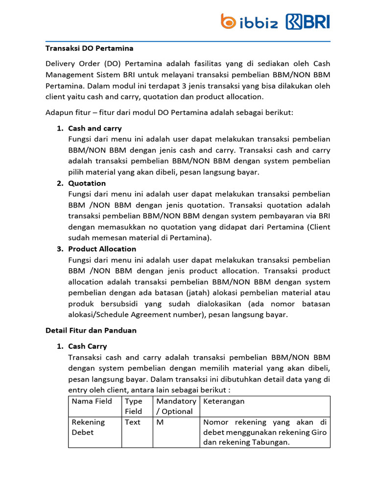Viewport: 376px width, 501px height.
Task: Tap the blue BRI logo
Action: pyautogui.click(x=308, y=22)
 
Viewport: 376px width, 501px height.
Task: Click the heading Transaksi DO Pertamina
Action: pyautogui.click(x=90, y=48)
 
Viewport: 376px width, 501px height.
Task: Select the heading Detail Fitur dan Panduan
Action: pyautogui.click(x=91, y=330)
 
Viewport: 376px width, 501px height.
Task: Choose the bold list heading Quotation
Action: pyautogui.click(x=87, y=183)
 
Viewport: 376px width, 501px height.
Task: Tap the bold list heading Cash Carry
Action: pyautogui.click(x=88, y=346)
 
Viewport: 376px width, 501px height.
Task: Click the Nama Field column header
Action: pyautogui.click(x=92, y=401)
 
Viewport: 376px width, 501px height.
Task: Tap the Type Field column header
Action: pyautogui.click(x=134, y=406)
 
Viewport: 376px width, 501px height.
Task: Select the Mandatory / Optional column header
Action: pyautogui.click(x=176, y=406)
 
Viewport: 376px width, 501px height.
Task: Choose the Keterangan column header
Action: pyautogui.click(x=224, y=401)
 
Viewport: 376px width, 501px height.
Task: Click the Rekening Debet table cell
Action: pyautogui.click(x=89, y=427)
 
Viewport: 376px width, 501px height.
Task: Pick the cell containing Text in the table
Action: pyautogui.click(x=133, y=422)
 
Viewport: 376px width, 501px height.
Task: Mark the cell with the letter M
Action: pyautogui.click(x=160, y=422)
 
